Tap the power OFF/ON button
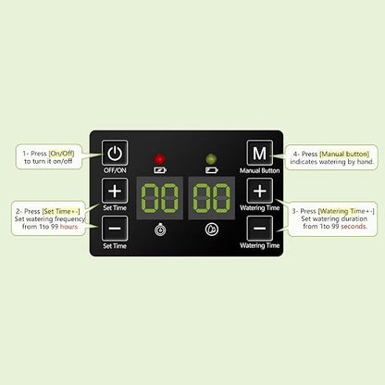point(115,153)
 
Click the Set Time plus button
point(115,191)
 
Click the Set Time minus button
point(115,229)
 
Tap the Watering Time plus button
point(260,191)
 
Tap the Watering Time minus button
point(260,229)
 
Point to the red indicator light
point(159,159)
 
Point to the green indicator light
point(211,159)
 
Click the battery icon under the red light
point(160,170)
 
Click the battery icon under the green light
point(212,170)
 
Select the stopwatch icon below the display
point(160,230)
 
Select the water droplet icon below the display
point(212,230)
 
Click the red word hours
point(68,227)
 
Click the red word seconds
point(354,227)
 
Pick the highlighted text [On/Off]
point(61,154)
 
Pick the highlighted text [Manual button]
point(344,154)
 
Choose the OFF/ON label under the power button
point(115,170)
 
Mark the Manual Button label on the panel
point(260,170)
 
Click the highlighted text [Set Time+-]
point(61,211)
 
